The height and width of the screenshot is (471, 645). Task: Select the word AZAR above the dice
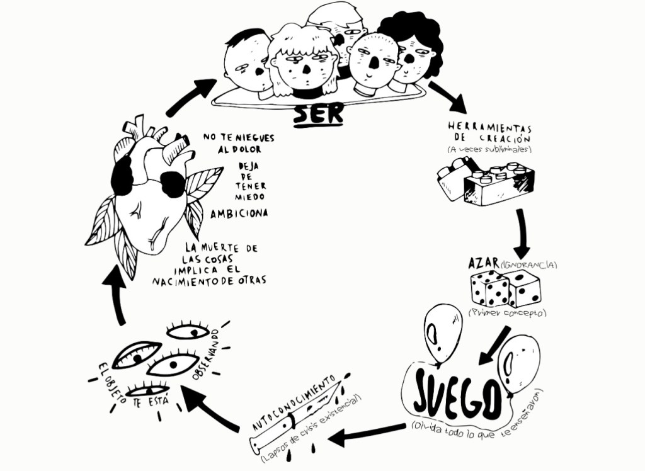[484, 263]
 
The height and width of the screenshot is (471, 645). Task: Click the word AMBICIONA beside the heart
[239, 213]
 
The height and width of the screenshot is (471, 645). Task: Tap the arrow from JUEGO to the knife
[365, 433]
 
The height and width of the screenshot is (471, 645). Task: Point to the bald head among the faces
[373, 62]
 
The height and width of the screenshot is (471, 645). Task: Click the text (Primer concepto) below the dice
[506, 312]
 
